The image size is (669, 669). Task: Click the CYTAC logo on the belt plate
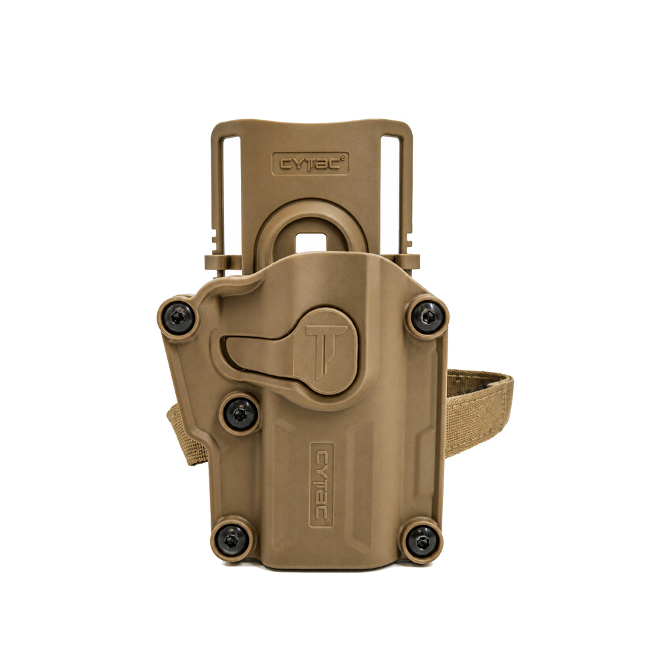coord(310,163)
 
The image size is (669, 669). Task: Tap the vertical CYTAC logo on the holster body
coord(322,485)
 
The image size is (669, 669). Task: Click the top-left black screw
coord(179,317)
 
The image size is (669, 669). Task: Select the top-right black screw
coord(427,316)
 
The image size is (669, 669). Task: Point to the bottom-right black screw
coord(421,541)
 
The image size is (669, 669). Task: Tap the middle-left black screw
coord(241,413)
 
